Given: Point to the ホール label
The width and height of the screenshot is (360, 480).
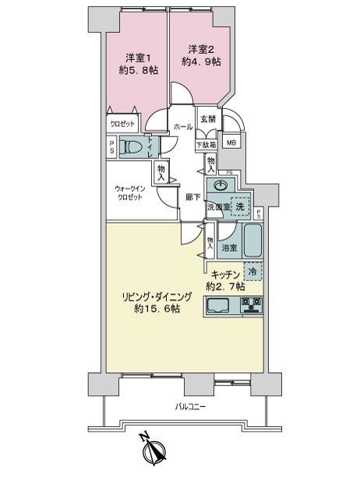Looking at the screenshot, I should coord(183,127).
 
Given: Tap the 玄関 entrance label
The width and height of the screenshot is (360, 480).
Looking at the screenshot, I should coord(207,119).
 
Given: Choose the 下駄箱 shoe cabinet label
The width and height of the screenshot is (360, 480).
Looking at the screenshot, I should coord(206,144).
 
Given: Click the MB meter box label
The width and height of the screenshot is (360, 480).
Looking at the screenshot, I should coord(232,143).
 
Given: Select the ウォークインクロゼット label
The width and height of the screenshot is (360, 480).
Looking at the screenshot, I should coord(129,193).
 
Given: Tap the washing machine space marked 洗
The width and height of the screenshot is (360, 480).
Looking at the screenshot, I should coord(241,206).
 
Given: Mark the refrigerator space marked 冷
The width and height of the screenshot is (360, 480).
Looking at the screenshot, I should coord(252,273).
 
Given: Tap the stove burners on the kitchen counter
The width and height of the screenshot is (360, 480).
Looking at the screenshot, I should coord(252,304).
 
